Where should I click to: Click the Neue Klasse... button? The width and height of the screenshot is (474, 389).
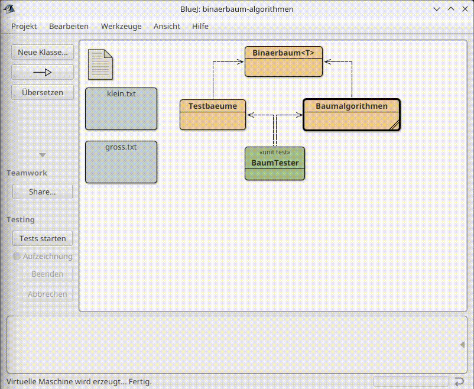43,53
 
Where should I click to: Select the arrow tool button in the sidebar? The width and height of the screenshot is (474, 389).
43,72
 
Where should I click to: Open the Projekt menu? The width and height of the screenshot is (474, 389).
24,27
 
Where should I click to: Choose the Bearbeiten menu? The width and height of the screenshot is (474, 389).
69,27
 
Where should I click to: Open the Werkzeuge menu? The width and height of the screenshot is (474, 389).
121,27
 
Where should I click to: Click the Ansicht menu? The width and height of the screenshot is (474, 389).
167,27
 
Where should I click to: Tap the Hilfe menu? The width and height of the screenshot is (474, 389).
200,27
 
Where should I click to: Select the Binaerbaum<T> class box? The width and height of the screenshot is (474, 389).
284,61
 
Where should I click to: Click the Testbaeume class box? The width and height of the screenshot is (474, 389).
213,115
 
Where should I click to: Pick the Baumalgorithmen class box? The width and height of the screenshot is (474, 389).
352,115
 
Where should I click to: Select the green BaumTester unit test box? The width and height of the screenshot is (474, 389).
275,163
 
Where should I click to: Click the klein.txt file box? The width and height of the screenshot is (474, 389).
121,109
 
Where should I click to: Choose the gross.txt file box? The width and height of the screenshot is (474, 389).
121,162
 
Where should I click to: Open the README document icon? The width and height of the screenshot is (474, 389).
100,64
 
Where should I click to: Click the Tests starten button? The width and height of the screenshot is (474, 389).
43,238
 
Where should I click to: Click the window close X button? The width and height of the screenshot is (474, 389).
465,9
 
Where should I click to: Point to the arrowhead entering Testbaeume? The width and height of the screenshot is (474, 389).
251,115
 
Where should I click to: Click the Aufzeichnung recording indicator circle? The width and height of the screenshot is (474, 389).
17,257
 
